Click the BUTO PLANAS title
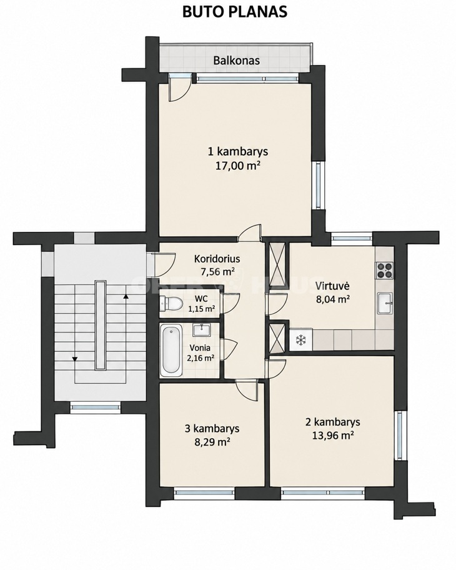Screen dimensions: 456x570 (x=235, y=12)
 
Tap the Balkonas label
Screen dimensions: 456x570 (x=237, y=60)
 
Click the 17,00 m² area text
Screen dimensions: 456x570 (x=238, y=166)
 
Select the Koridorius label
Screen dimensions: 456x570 (x=217, y=259)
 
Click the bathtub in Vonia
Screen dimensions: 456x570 (x=171, y=351)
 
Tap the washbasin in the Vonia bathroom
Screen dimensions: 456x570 (x=201, y=331)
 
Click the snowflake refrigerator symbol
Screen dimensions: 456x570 (x=301, y=340)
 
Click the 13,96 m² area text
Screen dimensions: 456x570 (x=333, y=436)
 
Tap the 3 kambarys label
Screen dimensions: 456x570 (x=212, y=429)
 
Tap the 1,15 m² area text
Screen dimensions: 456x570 (x=201, y=309)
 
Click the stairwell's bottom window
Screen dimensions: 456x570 (x=95, y=407)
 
